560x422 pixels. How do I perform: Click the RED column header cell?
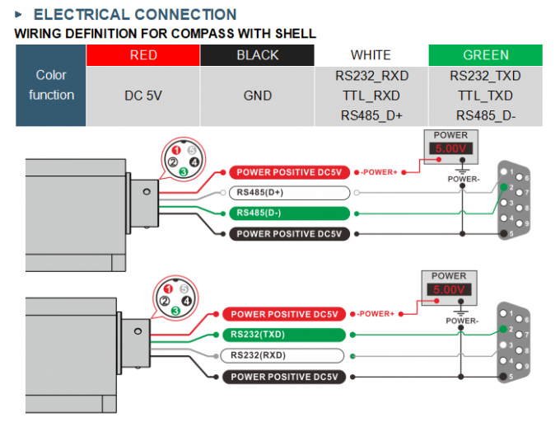click(x=142, y=55)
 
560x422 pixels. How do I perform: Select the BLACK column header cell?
click(x=257, y=55)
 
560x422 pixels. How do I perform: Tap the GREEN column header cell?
click(x=485, y=55)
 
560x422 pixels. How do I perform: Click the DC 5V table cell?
click(x=142, y=96)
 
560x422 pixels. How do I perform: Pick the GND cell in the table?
click(x=257, y=96)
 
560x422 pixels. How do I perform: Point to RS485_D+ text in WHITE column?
click(x=371, y=115)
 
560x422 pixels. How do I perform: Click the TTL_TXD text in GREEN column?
click(x=485, y=96)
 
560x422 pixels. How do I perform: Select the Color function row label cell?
click(x=51, y=86)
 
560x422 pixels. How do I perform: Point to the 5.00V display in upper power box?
click(x=450, y=148)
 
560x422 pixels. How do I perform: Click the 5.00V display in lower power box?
click(x=449, y=289)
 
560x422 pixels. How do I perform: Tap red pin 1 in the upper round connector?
click(x=175, y=151)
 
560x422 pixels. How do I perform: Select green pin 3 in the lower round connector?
click(x=175, y=311)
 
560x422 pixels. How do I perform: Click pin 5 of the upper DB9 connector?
click(x=504, y=234)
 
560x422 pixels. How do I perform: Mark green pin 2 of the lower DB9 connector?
click(x=503, y=329)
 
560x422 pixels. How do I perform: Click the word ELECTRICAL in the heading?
click(x=82, y=15)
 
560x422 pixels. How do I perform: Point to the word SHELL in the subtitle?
click(x=296, y=34)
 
